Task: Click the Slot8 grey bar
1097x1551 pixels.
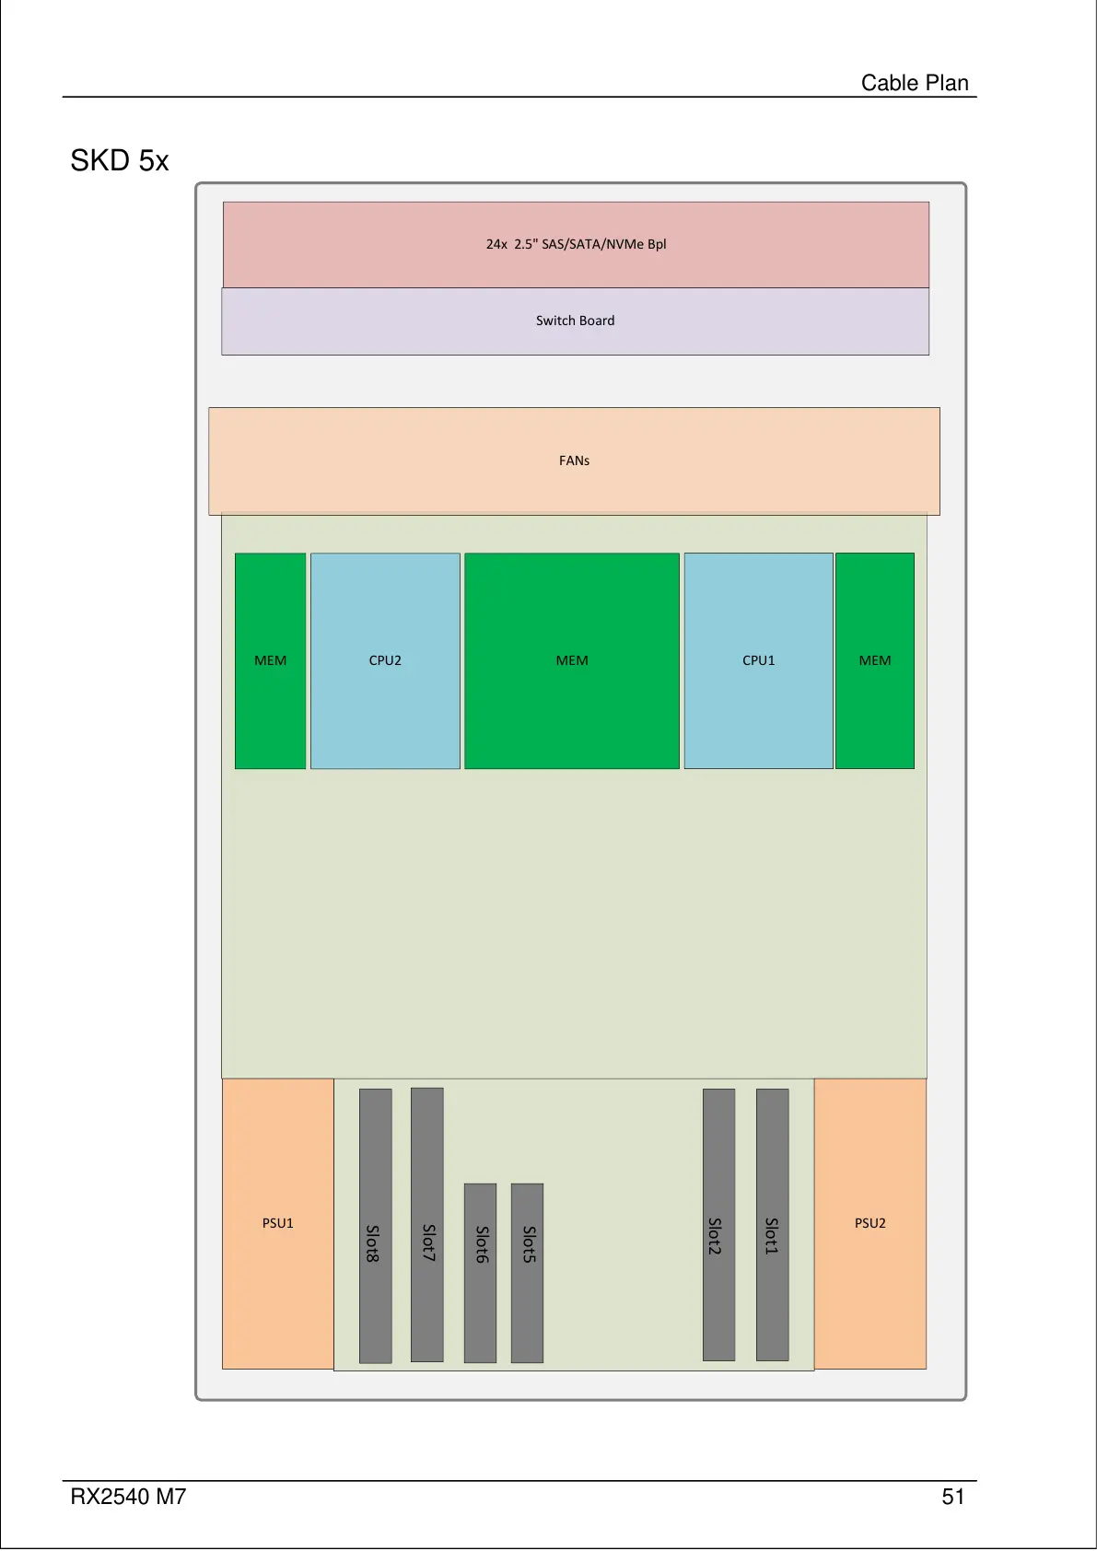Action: (x=375, y=1225)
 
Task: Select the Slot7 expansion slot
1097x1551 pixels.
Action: (x=426, y=1224)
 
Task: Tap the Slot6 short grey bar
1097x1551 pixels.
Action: (x=480, y=1272)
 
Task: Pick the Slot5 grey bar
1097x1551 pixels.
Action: (x=527, y=1272)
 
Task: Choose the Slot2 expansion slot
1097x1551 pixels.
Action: (x=718, y=1224)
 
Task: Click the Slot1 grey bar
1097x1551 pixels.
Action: (x=772, y=1224)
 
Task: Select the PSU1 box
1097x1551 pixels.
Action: (x=277, y=1223)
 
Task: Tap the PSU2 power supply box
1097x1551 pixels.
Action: (x=869, y=1223)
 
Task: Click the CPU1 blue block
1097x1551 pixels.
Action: (x=758, y=660)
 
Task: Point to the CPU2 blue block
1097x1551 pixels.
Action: (x=385, y=660)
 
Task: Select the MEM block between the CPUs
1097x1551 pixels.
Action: (x=571, y=660)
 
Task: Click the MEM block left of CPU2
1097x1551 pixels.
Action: (x=270, y=660)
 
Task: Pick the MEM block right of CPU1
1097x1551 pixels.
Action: (x=874, y=660)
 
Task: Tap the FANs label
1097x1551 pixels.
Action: (x=574, y=461)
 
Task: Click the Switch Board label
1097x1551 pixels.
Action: (x=575, y=321)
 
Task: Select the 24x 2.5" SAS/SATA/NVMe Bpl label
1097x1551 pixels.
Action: (x=576, y=244)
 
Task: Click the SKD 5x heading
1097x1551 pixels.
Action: (x=120, y=161)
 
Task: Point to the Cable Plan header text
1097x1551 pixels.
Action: (x=914, y=83)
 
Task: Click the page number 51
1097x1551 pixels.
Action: (x=952, y=1497)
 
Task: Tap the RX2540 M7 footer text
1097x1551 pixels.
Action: (x=128, y=1497)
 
